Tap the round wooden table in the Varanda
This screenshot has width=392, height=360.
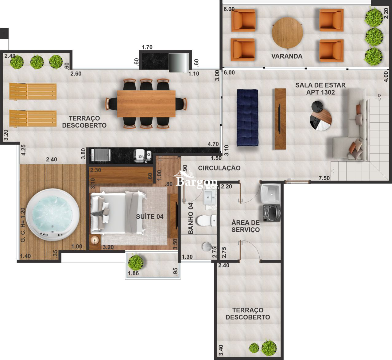click(287, 33)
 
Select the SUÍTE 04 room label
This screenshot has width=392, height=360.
click(149, 217)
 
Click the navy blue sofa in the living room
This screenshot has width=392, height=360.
click(247, 117)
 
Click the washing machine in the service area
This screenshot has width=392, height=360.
click(271, 213)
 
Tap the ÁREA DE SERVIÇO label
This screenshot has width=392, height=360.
click(245, 226)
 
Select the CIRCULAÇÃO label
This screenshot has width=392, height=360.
click(219, 168)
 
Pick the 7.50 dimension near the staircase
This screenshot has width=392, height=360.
click(324, 178)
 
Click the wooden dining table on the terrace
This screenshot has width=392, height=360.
click(146, 104)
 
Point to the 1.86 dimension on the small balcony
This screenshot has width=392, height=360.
click(134, 273)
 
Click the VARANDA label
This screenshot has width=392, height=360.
click(287, 56)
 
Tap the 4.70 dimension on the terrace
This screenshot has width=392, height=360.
click(213, 144)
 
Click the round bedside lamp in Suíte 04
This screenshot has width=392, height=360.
click(95, 240)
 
